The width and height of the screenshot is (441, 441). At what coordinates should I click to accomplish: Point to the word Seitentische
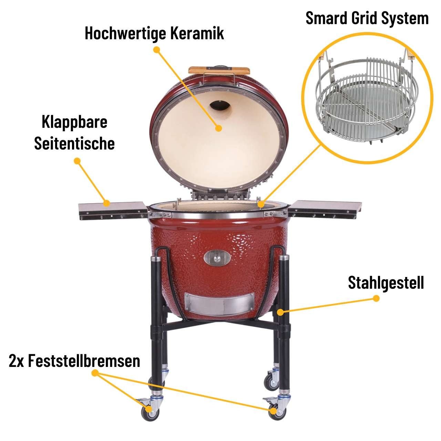[x=74, y=143]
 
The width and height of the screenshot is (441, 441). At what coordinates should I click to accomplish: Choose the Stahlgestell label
[x=386, y=283]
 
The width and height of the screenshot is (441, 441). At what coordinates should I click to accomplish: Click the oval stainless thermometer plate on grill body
[x=217, y=257]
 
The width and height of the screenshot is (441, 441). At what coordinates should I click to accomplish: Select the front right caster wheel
[x=274, y=412]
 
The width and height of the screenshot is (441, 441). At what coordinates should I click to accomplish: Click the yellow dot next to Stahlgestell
[x=376, y=298]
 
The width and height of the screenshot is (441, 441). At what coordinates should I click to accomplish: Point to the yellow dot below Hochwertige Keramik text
[x=157, y=50]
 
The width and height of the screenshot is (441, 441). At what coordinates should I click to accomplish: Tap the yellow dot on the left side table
[x=107, y=203]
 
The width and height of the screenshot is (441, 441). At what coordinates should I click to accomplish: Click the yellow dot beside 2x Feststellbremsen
[x=95, y=373]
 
